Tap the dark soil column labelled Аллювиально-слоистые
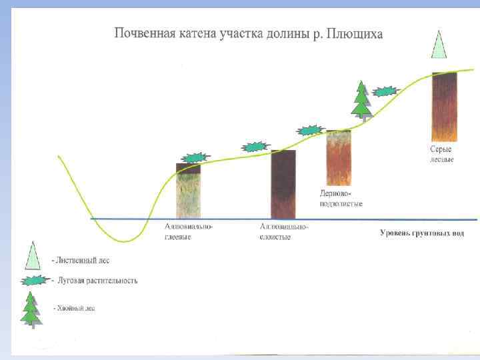283,185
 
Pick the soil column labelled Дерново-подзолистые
338,158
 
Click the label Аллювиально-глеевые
189,232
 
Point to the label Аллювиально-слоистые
284,232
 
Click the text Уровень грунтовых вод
421,233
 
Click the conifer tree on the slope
361,100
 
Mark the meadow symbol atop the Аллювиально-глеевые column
195,158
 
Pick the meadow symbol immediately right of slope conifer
386,91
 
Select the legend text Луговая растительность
98,280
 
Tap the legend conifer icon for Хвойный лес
31,309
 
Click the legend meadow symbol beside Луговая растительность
34,280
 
